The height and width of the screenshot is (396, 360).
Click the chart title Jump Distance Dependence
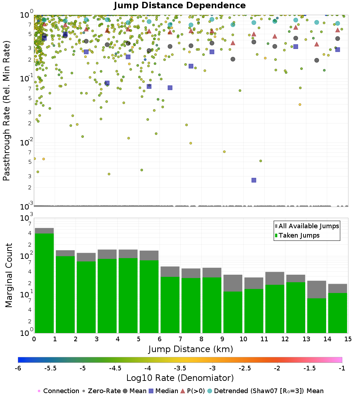(x=180, y=6)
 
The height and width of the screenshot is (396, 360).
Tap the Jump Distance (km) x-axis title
(x=191, y=349)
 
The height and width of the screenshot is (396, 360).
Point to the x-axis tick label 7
(x=180, y=339)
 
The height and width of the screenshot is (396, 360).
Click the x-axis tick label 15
(x=348, y=339)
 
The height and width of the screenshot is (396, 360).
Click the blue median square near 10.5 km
(x=254, y=180)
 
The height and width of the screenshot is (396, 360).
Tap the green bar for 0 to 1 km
(x=44, y=283)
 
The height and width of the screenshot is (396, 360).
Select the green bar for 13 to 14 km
(x=316, y=315)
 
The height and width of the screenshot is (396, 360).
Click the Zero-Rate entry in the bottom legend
(x=103, y=391)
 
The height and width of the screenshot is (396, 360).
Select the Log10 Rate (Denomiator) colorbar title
(x=180, y=378)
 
